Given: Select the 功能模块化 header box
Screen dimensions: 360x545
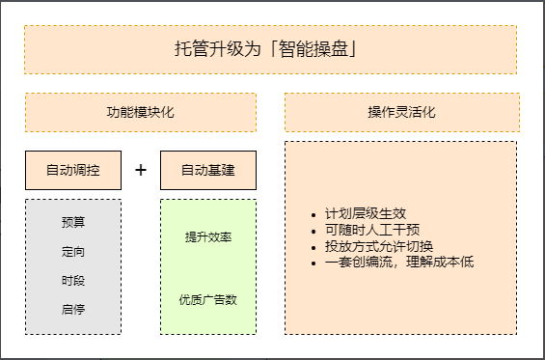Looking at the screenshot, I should coord(140,112).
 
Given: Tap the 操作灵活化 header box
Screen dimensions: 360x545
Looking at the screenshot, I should coord(401,112).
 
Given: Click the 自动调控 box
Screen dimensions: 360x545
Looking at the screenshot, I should coord(73,170).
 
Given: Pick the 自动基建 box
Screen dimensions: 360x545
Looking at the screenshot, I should coord(207,170).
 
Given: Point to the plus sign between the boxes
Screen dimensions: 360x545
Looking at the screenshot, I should coord(141,170).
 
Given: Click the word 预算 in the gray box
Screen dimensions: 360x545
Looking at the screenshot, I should coord(73,223).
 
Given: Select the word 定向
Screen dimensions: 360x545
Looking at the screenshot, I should coord(73,252).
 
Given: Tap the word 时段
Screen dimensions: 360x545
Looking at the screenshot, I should coord(73,281).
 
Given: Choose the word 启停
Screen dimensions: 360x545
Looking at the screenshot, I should coord(73,310).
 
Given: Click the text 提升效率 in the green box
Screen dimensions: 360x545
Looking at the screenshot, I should coord(207,237).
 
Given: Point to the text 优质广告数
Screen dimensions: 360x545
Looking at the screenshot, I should coord(207,299).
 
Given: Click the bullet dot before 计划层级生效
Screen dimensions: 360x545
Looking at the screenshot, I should coord(313,215).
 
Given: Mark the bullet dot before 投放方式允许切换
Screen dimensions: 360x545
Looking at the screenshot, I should coord(313,246).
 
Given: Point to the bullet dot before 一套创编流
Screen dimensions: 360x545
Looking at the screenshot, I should coord(313,262).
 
